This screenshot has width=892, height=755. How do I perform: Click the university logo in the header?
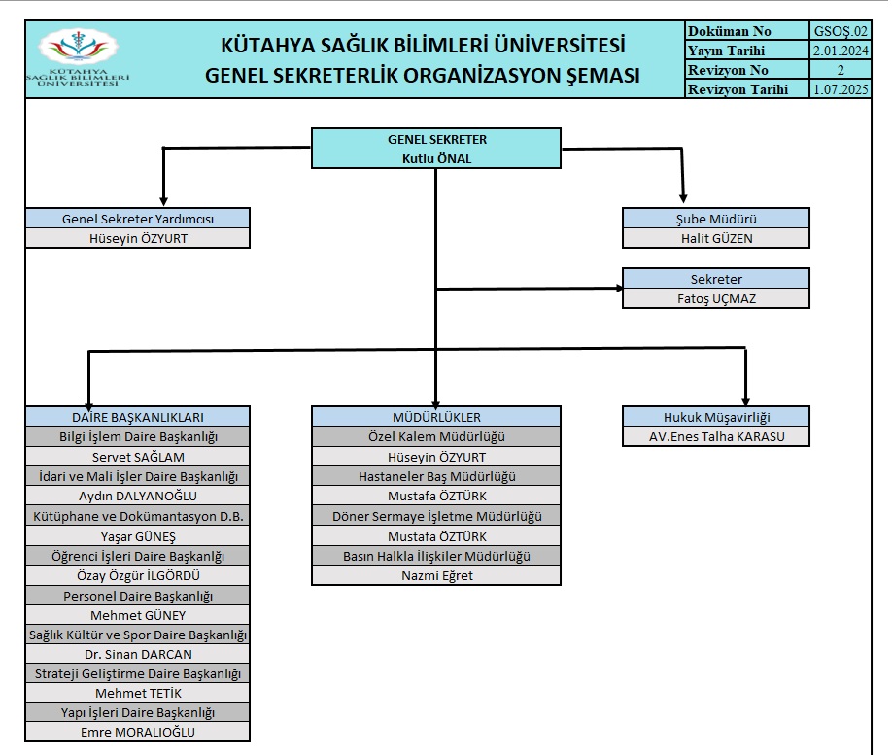(x=78, y=58)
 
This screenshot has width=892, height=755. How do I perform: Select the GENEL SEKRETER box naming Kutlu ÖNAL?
(x=436, y=149)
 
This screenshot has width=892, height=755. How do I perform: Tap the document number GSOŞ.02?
(x=841, y=31)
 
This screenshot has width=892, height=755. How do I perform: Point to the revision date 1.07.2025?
(x=841, y=89)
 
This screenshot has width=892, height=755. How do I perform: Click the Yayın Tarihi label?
(x=727, y=51)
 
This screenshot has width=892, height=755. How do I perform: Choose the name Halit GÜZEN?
(x=717, y=239)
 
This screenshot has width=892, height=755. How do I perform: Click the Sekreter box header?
(x=716, y=279)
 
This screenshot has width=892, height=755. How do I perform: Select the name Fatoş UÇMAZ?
(x=717, y=298)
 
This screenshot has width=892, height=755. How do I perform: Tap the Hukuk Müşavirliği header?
(x=716, y=417)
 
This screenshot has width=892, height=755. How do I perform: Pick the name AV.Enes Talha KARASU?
(x=717, y=437)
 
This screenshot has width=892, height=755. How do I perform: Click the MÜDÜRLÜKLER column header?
(x=436, y=417)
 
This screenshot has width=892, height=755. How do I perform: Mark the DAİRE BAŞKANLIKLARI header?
(x=138, y=417)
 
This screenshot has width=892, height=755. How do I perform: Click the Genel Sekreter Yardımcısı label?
(x=138, y=219)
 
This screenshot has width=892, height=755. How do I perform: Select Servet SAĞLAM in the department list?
(x=138, y=457)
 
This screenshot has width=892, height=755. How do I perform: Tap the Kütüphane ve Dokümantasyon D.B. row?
(x=138, y=517)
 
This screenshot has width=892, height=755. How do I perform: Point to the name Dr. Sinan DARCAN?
(x=138, y=654)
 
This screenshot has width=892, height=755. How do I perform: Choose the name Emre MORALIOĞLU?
(x=138, y=733)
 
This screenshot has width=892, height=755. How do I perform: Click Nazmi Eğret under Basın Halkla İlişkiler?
(x=437, y=576)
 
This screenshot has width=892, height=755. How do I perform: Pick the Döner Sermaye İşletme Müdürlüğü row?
(x=436, y=517)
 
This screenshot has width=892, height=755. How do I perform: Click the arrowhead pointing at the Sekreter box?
(x=620, y=288)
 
